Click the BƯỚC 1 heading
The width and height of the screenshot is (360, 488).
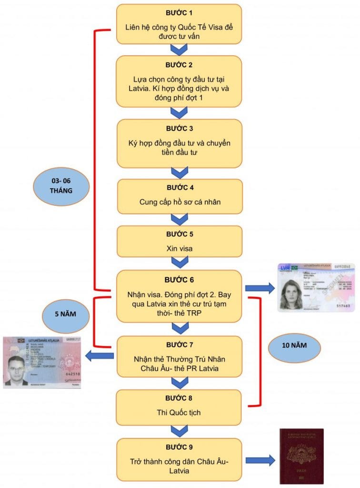tap(180, 12)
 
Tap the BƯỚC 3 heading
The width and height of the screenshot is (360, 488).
tap(180, 129)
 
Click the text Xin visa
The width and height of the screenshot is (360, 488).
tap(180, 249)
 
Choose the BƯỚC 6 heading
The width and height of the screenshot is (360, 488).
tap(180, 280)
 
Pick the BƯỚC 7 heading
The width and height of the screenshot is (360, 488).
tap(180, 344)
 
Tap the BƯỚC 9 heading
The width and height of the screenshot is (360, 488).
tap(180, 447)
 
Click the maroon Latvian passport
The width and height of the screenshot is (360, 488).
tap(301, 456)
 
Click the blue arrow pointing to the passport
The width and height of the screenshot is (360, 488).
tap(261, 460)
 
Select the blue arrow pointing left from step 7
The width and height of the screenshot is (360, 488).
tap(100, 356)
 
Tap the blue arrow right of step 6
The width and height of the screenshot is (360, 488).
tap(260, 288)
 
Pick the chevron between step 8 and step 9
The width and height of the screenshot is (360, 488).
tap(179, 431)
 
